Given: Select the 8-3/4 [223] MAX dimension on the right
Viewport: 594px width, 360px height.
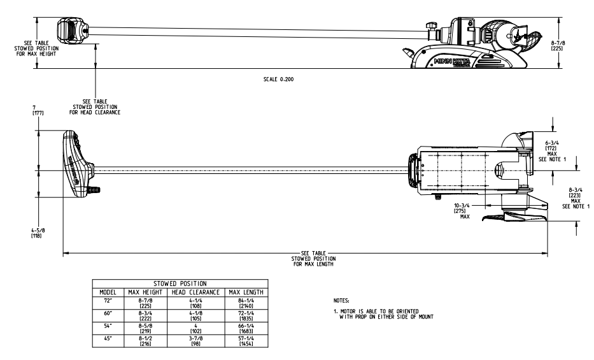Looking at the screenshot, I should pyautogui.click(x=577, y=198).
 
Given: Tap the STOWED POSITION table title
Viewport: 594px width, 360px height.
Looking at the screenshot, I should pyautogui.click(x=183, y=284).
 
